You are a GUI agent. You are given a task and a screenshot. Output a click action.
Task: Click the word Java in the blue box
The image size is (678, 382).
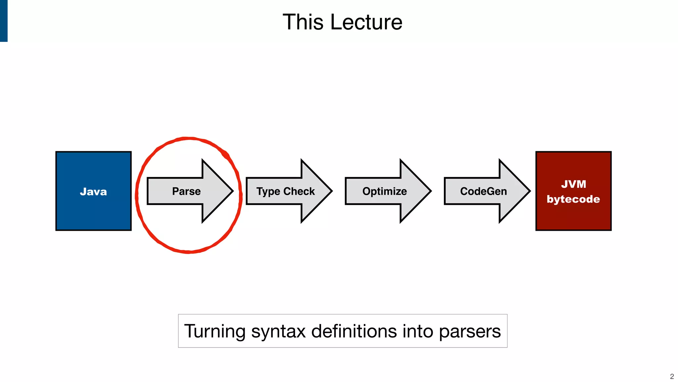click(x=93, y=192)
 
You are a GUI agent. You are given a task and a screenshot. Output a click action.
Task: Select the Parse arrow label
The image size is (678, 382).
click(x=186, y=191)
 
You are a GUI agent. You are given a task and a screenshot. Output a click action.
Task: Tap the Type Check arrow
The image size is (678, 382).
click(x=285, y=191)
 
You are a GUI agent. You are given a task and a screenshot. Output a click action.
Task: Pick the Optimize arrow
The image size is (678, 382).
click(x=384, y=191)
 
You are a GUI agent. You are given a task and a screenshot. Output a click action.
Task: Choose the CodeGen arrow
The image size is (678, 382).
click(x=483, y=191)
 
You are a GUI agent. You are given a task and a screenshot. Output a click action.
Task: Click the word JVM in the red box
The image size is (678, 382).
click(x=573, y=184)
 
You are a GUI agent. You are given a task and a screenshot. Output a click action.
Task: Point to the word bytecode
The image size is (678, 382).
click(x=573, y=199)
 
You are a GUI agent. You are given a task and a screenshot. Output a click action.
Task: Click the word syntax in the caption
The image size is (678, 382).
click(x=278, y=332)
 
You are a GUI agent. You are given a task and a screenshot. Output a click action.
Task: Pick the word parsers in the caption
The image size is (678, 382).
click(x=470, y=332)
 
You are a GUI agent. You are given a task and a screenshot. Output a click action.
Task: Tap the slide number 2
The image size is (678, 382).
click(x=672, y=376)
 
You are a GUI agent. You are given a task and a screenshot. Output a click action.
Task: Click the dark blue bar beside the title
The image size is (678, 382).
click(x=4, y=21)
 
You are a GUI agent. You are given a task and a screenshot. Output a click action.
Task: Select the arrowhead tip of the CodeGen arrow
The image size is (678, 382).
click(x=528, y=191)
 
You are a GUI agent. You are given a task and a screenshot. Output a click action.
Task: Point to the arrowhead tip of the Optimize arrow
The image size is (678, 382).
click(x=429, y=191)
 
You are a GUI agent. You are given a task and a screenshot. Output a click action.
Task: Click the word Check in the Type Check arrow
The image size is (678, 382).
click(x=299, y=191)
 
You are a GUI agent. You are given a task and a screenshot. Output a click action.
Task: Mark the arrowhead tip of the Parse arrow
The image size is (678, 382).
click(x=231, y=191)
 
